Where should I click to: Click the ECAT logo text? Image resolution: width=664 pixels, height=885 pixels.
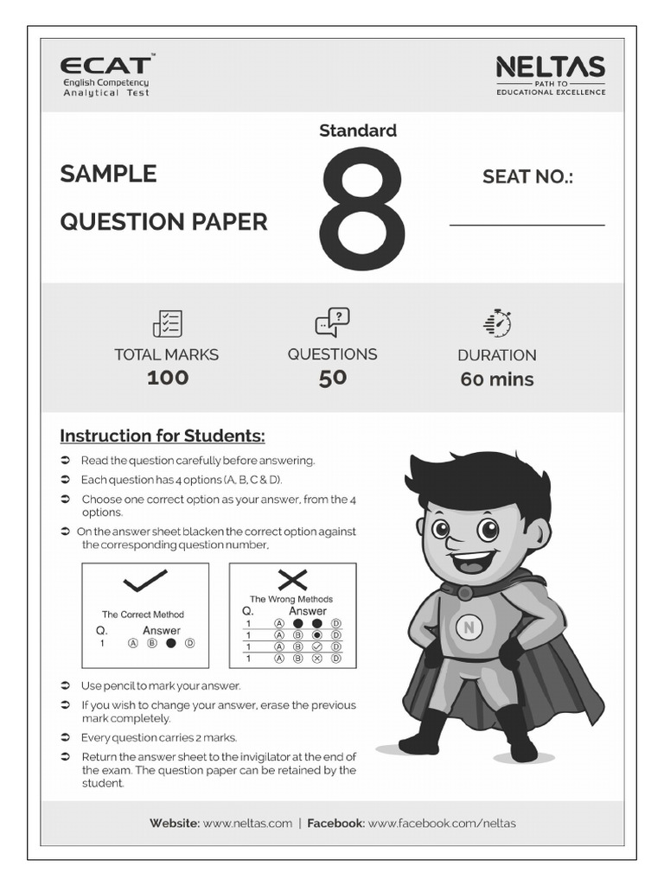coord(105,65)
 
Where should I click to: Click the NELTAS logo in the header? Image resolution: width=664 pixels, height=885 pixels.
coord(550,68)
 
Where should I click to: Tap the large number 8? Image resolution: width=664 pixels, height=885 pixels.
coord(362,210)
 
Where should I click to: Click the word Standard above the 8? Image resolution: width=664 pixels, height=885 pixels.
coord(358,131)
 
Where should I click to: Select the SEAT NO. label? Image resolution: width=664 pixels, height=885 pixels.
coord(527,177)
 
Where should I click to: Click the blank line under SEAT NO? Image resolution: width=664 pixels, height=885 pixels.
coord(527,225)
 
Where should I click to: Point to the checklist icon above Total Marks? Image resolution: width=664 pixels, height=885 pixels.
coord(167,323)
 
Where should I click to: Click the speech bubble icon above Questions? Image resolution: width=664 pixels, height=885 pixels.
coord(332,322)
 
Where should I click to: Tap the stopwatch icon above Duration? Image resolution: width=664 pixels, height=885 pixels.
coord(497,322)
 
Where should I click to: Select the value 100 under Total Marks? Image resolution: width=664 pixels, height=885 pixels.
coord(167,378)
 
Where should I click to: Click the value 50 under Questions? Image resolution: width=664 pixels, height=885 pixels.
coord(332,378)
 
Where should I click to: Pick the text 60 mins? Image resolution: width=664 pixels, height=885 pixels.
coord(497,379)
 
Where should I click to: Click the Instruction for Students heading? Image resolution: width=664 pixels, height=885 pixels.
coord(163,436)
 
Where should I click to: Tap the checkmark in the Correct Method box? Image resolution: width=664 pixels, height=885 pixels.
coord(144,583)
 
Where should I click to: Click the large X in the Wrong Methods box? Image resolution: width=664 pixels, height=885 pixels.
coord(292,580)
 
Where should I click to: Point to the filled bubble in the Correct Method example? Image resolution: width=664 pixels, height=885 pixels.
coord(170,643)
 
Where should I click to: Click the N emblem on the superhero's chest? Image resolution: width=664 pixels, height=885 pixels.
coord(469,628)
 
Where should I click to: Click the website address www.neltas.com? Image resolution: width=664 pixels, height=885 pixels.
coord(247,824)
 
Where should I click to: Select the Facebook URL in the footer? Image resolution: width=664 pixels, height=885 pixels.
coord(442,824)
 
